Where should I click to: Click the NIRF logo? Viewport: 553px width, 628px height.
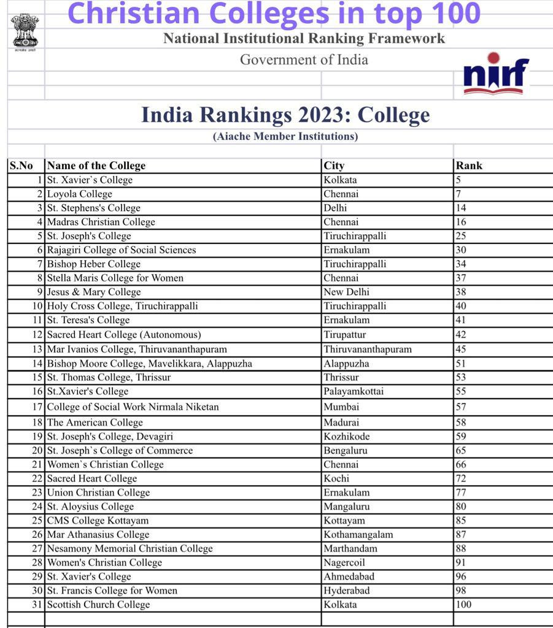point(496,74)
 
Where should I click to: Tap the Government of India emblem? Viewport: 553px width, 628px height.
point(25,32)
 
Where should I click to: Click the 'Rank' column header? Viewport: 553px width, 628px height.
point(469,166)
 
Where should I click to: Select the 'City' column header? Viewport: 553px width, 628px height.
point(334,166)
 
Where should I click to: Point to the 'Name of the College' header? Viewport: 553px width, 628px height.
point(96,166)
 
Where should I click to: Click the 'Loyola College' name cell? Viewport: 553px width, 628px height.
point(80,194)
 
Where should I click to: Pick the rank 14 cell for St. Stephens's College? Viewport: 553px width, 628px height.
point(461,208)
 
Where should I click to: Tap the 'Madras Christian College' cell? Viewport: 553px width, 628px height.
point(101,222)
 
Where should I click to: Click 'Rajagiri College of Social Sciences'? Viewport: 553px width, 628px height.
point(122,250)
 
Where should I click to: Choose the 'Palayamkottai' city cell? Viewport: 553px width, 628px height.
point(354,391)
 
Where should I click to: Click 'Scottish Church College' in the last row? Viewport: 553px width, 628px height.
point(98,605)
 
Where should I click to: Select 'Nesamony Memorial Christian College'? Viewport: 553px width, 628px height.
point(130,548)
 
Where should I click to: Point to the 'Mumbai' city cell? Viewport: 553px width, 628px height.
point(341,407)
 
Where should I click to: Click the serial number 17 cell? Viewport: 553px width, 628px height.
point(37,407)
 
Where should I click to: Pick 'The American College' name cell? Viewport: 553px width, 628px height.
point(95,423)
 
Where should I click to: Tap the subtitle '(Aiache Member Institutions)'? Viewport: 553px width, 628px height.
point(285,136)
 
